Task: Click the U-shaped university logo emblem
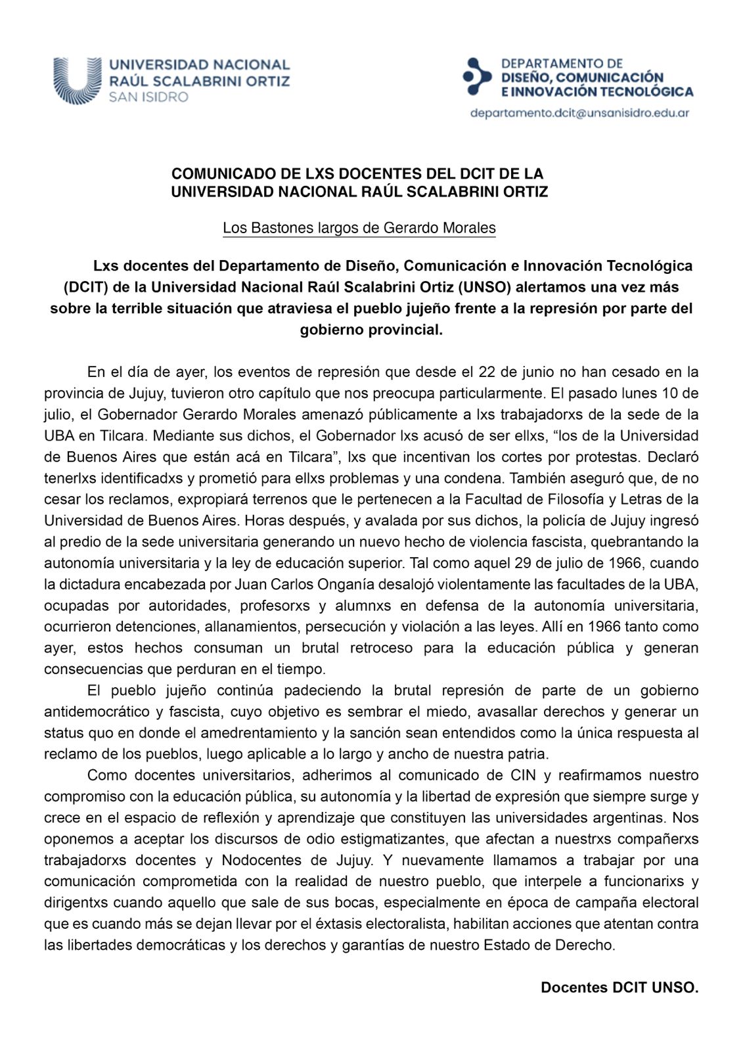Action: click(77, 80)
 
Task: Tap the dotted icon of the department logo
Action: click(477, 76)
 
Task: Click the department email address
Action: click(579, 113)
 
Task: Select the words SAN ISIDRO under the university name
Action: click(148, 97)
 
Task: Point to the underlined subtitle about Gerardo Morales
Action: click(359, 228)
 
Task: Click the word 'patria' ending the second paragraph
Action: click(529, 754)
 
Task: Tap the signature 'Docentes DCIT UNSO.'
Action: click(619, 988)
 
